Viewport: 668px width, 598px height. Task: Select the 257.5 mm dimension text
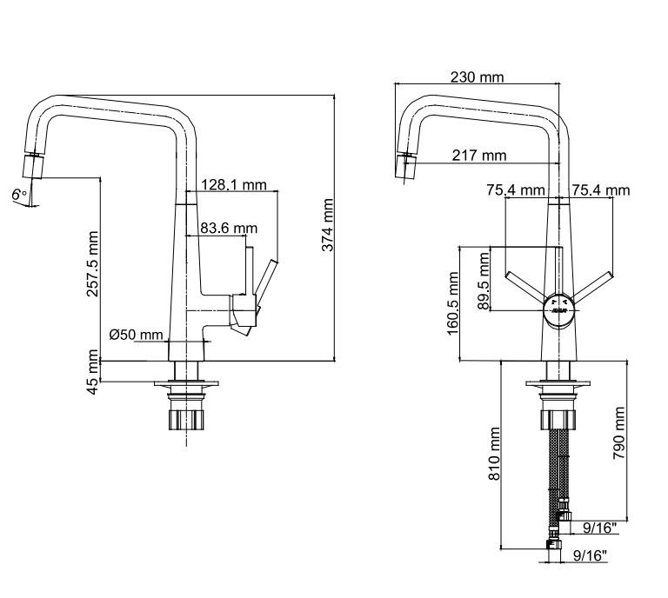point(92,263)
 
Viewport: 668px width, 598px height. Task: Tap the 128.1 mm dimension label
point(234,184)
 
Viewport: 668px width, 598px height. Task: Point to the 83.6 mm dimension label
point(229,228)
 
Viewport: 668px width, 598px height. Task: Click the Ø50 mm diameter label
point(136,335)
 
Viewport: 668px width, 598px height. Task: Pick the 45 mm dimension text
point(92,372)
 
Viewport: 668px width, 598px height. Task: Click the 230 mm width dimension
point(477,77)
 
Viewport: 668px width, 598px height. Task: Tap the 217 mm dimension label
point(479,156)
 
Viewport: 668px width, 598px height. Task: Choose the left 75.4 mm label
point(516,190)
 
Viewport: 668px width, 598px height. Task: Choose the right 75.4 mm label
point(601,190)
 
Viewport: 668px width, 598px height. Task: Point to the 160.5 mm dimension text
point(453,304)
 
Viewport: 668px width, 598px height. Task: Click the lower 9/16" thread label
point(590,557)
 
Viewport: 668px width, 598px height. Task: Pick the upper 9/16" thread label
point(600,528)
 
